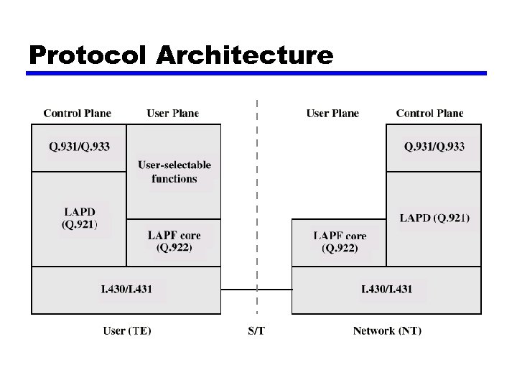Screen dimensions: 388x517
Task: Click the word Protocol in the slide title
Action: (x=88, y=55)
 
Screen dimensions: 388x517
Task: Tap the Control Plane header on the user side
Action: (x=78, y=113)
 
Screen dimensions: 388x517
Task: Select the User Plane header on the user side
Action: (x=172, y=113)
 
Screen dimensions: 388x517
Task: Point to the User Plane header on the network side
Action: (x=332, y=113)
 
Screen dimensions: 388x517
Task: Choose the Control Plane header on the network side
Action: (x=429, y=113)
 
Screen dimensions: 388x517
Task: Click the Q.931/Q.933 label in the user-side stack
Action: (x=79, y=147)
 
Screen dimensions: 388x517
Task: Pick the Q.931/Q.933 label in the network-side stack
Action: (x=434, y=147)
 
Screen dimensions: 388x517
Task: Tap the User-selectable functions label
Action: (x=174, y=172)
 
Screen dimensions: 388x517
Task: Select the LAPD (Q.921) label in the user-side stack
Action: (x=80, y=218)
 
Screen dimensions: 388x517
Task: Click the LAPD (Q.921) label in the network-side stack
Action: (x=434, y=218)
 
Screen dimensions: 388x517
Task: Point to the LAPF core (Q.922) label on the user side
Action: (x=174, y=241)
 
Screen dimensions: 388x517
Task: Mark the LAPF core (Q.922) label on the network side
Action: (x=340, y=242)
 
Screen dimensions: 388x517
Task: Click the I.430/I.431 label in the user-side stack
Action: (x=126, y=289)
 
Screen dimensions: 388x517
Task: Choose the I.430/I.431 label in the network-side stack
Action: (x=386, y=289)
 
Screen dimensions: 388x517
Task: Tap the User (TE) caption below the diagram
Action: (x=127, y=331)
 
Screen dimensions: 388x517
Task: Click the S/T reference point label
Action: (x=256, y=331)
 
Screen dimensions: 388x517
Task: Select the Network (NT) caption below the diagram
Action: (x=387, y=331)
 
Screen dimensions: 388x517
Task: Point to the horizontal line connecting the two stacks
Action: (x=256, y=290)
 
